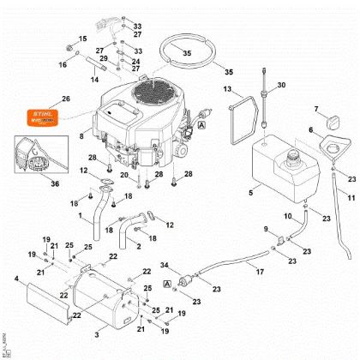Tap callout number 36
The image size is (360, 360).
click(x=55, y=183)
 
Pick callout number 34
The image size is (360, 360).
click(x=165, y=264)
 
